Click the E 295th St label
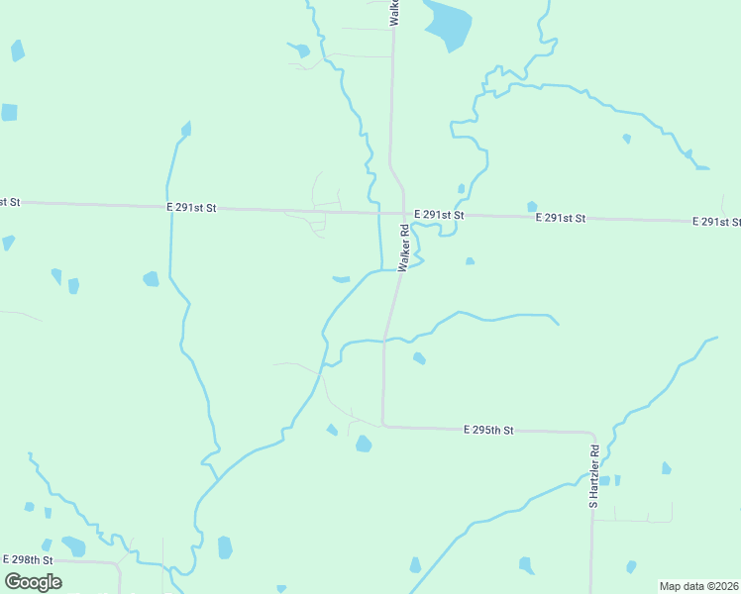coord(488,430)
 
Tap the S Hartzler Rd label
coord(594,477)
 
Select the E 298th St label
coord(28,559)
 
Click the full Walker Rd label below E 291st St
coord(404,248)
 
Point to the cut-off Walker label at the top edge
coord(394,12)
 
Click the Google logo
coord(33,582)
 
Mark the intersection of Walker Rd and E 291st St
coord(404,213)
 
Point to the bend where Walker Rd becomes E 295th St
coord(383,425)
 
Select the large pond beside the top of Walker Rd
coord(448,24)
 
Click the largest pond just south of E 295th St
coord(364,444)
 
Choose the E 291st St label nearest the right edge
coord(716,221)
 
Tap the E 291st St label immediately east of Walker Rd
coord(440,215)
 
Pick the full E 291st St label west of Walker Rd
coord(191,208)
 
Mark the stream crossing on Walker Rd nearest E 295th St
coord(384,341)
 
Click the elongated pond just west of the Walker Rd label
coord(341,279)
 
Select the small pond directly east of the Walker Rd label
coord(470,261)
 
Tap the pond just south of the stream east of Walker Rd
coord(419,358)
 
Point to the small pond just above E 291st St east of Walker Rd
coord(462,188)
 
